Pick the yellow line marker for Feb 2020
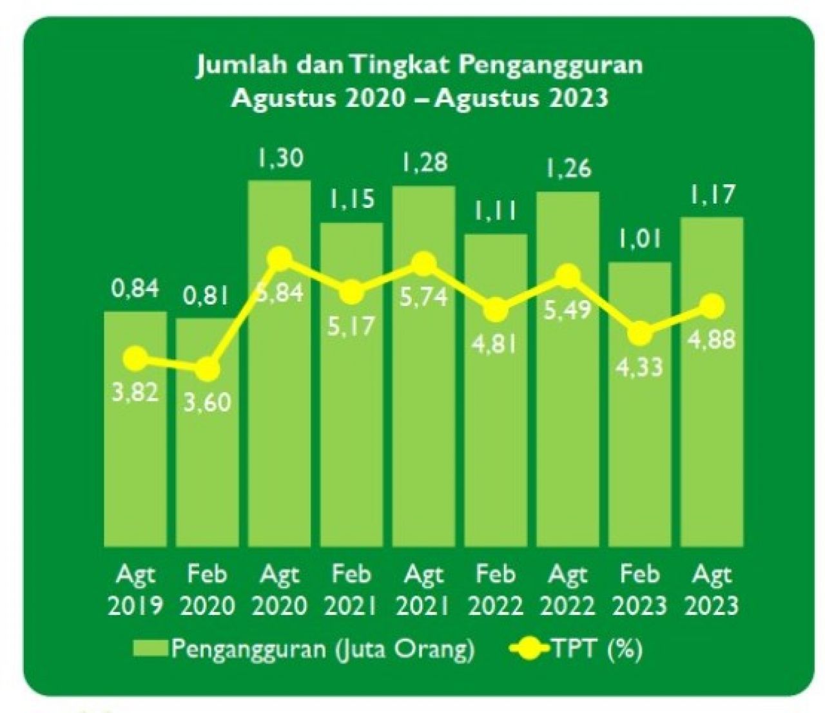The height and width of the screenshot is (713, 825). click(208, 370)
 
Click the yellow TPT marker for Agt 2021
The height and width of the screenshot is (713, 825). click(424, 263)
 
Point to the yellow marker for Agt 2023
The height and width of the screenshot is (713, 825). click(712, 307)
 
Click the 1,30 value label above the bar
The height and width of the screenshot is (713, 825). click(280, 158)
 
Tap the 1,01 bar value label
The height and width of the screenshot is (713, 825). click(640, 240)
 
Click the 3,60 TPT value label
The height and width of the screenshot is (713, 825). click(208, 404)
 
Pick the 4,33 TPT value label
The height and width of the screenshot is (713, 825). click(640, 367)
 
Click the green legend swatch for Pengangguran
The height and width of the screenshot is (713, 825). click(150, 649)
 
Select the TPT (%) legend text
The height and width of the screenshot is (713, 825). click(596, 649)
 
